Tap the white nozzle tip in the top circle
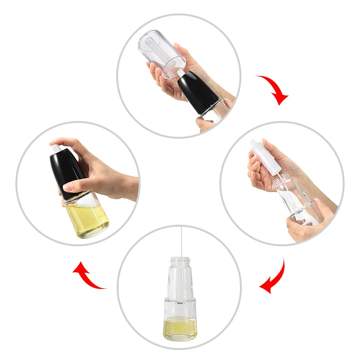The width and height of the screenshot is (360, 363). point(181,73)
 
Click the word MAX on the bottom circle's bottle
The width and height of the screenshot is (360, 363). point(180,303)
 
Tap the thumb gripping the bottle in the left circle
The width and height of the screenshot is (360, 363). point(77,187)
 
